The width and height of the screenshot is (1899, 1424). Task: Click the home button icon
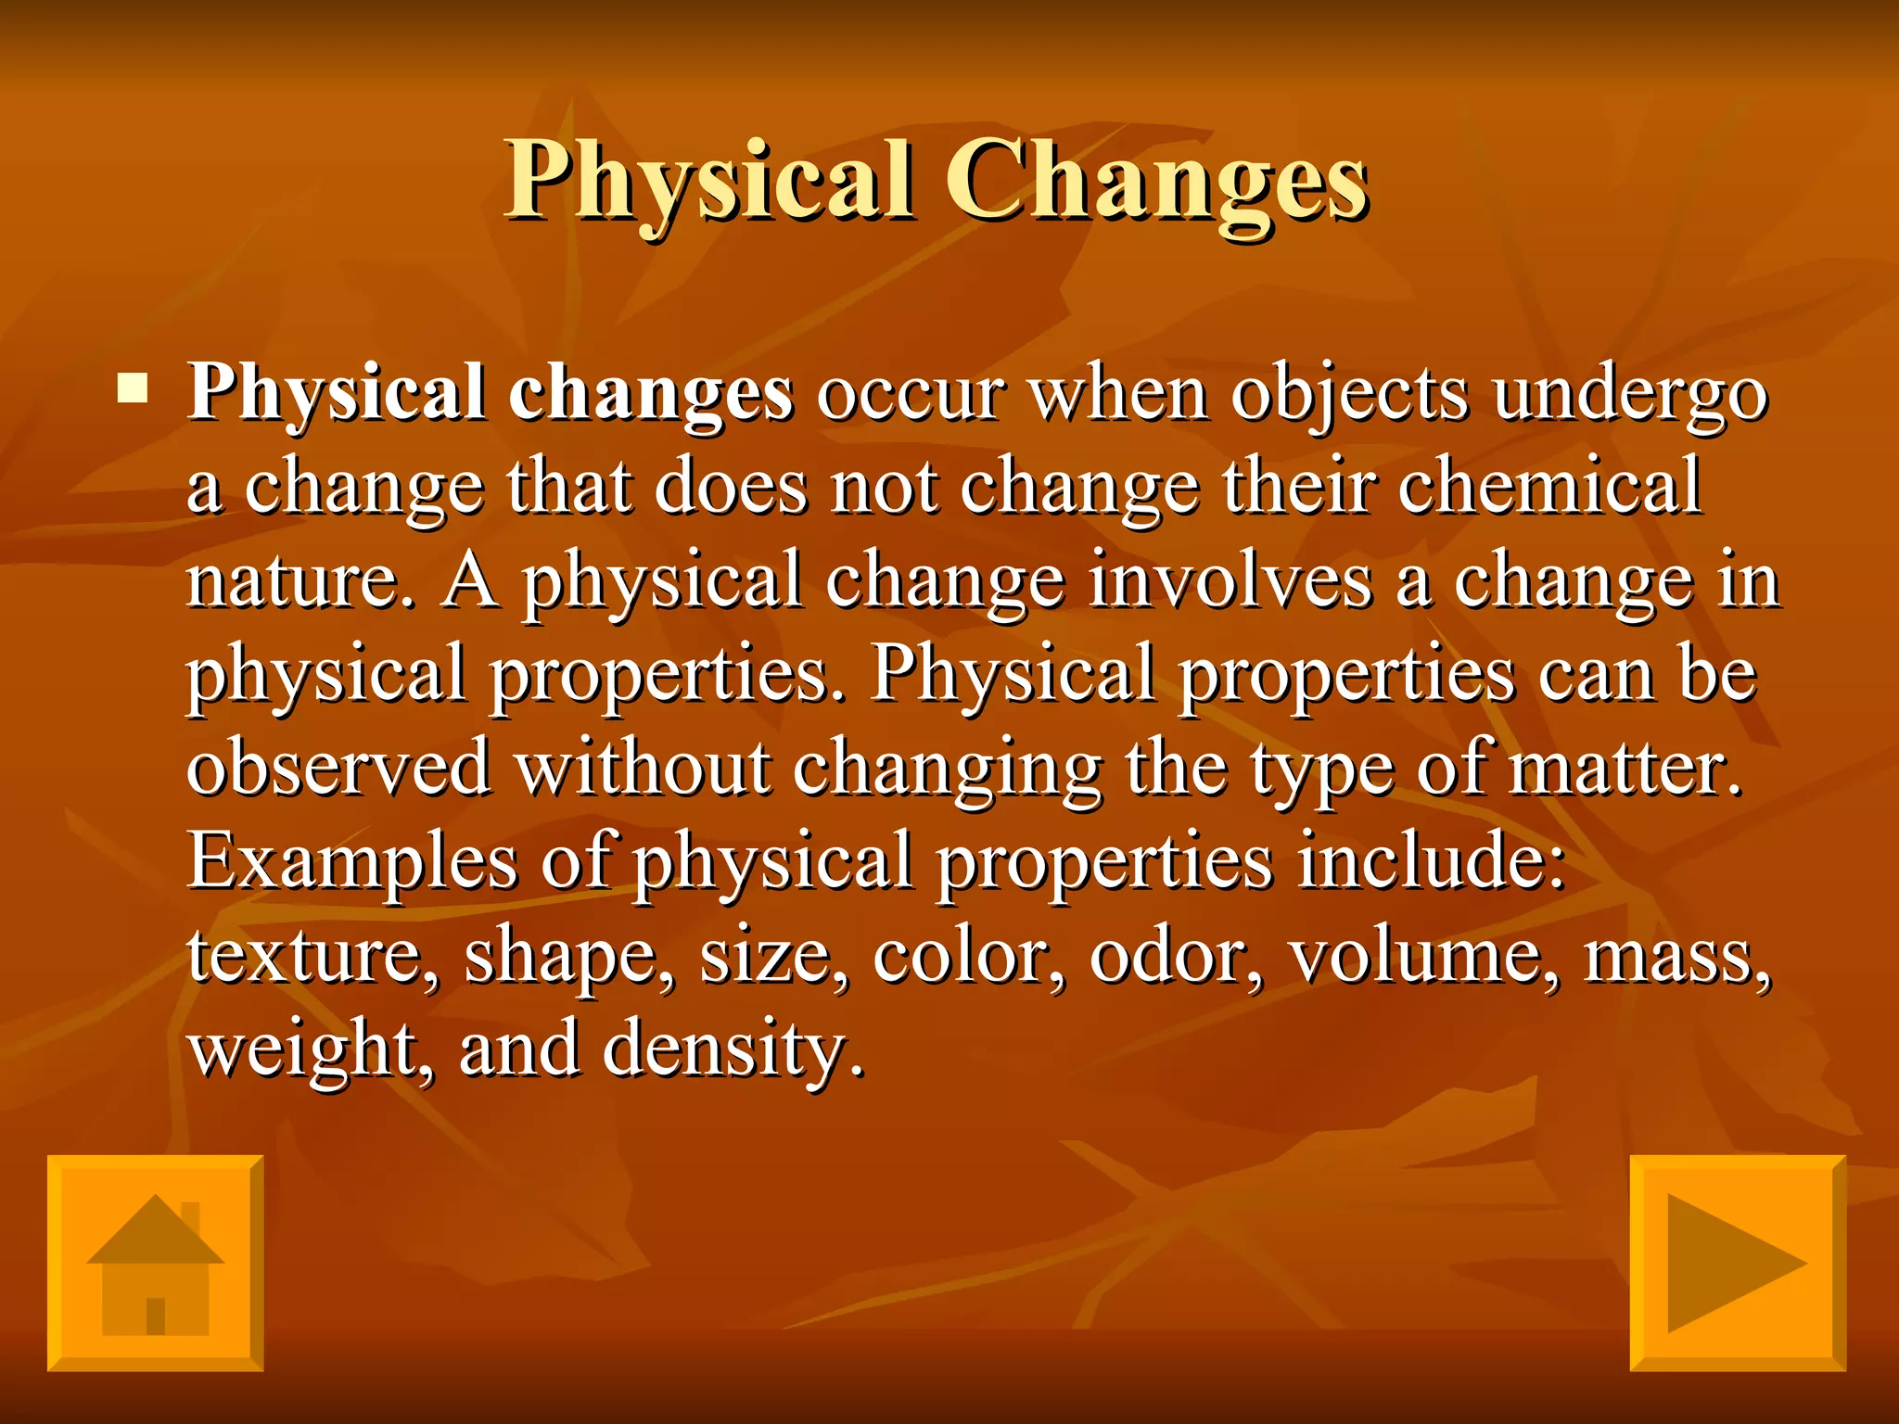(155, 1263)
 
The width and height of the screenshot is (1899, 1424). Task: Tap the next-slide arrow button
(1738, 1263)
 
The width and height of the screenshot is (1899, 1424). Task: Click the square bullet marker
(133, 388)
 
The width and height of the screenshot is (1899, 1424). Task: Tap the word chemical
(1549, 486)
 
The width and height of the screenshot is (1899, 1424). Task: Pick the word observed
(338, 768)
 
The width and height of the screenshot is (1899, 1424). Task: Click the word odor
(1176, 955)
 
